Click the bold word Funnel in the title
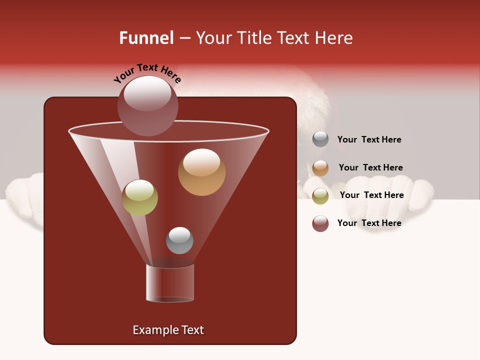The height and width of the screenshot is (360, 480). click(x=146, y=38)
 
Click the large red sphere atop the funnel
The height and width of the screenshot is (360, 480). click(x=147, y=105)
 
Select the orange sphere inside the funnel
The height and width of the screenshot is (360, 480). click(x=201, y=172)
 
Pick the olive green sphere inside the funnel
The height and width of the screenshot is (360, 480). click(x=139, y=197)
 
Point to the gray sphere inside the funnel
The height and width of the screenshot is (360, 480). click(x=179, y=240)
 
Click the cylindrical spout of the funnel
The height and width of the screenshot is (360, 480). click(x=170, y=283)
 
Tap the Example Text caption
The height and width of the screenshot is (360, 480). click(x=168, y=330)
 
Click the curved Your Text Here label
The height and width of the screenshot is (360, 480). click(x=147, y=73)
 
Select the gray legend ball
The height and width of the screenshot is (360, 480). click(x=320, y=139)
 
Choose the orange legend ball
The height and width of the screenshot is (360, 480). click(x=320, y=168)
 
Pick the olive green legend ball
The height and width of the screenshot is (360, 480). click(x=320, y=196)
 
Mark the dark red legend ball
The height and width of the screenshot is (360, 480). click(x=320, y=223)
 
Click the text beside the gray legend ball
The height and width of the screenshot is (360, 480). click(x=369, y=139)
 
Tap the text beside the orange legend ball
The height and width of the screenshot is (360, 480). click(x=370, y=167)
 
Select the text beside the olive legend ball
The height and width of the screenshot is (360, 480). click(x=371, y=195)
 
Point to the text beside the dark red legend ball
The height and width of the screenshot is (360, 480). click(x=369, y=223)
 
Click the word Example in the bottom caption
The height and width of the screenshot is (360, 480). click(x=154, y=330)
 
